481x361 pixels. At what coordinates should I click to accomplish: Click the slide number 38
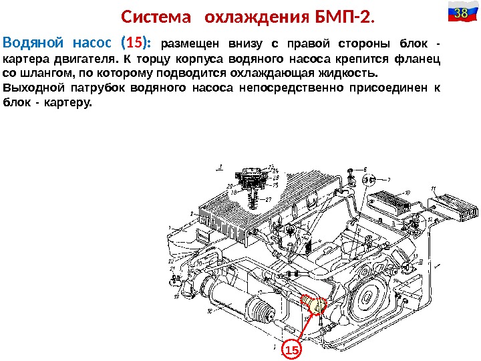(x=460, y=13)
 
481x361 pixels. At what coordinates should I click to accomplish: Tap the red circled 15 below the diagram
(x=291, y=350)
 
